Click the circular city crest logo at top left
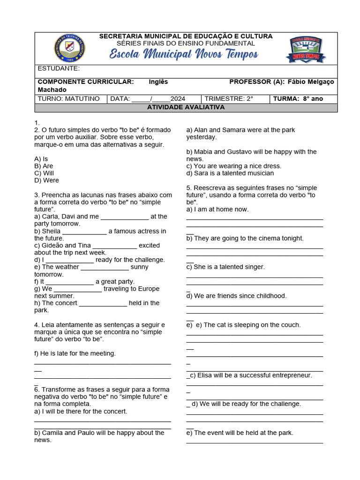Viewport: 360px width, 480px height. (70, 48)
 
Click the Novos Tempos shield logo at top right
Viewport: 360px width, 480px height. (305, 49)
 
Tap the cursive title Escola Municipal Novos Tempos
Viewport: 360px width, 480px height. (183, 54)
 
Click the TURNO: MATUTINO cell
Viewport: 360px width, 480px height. (69, 99)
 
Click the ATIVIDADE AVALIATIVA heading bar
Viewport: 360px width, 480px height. (186, 107)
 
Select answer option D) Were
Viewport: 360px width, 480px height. (46, 180)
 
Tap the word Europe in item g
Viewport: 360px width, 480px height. (149, 289)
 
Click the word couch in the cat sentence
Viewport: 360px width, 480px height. (291, 325)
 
